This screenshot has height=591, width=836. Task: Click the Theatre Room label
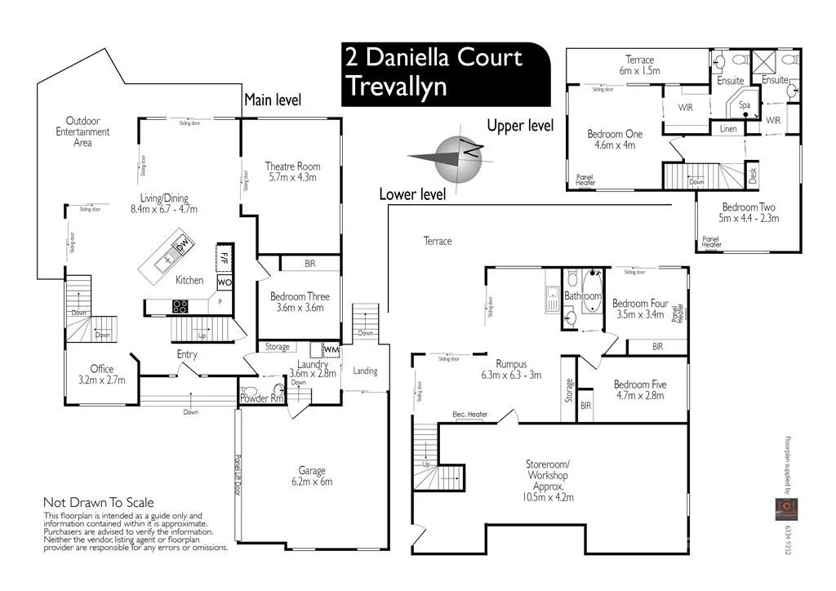tap(291, 167)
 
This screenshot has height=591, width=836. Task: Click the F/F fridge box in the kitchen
tap(223, 256)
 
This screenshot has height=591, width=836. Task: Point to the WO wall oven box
tap(223, 282)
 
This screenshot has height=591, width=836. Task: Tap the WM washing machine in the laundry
tap(331, 349)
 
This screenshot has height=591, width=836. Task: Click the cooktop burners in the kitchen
tap(180, 307)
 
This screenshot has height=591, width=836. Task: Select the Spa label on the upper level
tap(745, 105)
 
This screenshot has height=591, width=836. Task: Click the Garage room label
tap(312, 470)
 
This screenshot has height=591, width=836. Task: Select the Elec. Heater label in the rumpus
tap(469, 415)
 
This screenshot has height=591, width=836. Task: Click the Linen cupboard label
tap(727, 129)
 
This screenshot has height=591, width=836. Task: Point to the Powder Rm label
tap(260, 398)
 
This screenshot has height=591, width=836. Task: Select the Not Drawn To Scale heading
tap(98, 503)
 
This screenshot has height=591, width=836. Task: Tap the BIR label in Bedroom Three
tap(309, 264)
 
